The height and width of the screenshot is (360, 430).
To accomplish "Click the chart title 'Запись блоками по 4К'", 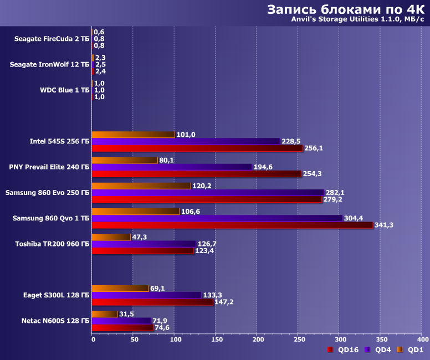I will point(345,10).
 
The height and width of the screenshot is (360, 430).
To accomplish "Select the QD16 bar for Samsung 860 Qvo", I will point(232,225).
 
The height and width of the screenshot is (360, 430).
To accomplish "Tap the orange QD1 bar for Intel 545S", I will point(133,135).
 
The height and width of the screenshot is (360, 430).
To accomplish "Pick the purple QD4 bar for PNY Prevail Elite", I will point(171,167).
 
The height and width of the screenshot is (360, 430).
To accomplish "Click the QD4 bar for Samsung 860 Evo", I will point(207,192).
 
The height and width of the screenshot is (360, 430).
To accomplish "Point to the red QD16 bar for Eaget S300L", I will point(152,302).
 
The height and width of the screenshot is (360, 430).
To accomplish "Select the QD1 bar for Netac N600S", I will point(105,314).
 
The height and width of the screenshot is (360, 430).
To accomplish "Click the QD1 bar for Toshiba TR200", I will point(111,237).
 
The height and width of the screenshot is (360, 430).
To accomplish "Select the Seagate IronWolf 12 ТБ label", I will point(49,65).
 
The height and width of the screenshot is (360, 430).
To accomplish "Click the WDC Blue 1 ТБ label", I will point(64,90).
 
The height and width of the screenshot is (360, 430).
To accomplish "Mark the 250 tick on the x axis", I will point(299,339).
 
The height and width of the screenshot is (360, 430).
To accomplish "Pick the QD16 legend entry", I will point(345,350).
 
